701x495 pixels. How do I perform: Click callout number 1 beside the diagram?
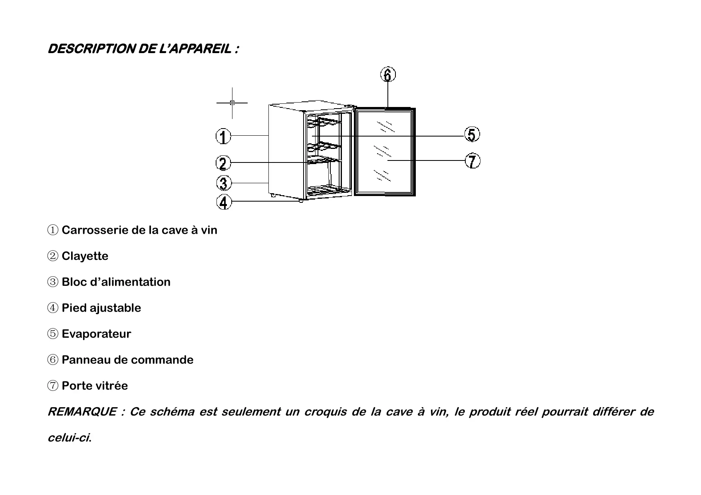[x=223, y=137]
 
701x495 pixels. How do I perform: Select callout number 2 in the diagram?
[x=223, y=163]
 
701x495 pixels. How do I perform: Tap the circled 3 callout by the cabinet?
[x=224, y=183]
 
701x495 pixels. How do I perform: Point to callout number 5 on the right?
[x=472, y=135]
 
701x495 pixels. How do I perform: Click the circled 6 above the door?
[x=387, y=75]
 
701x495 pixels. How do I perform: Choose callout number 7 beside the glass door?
[x=473, y=161]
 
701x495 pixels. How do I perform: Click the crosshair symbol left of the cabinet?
[x=232, y=103]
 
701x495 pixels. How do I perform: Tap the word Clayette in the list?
[x=85, y=256]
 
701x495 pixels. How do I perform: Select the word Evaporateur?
[x=96, y=334]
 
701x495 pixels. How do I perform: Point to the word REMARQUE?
[x=82, y=412]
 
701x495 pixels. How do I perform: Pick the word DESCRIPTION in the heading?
[x=91, y=49]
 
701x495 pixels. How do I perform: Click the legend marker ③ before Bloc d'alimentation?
[x=53, y=282]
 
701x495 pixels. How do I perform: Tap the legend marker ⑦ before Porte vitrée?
[x=53, y=386]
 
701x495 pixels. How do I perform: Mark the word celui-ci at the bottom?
[x=68, y=438]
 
